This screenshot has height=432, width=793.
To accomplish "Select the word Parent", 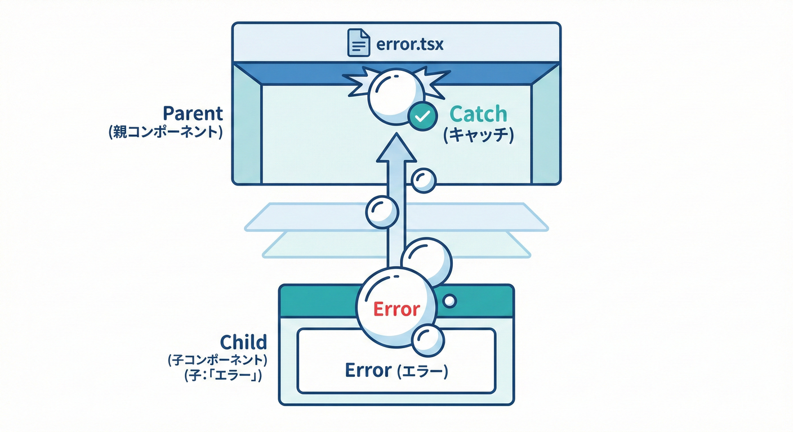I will pyautogui.click(x=193, y=114).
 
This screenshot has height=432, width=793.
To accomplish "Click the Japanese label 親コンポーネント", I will pyautogui.click(x=166, y=134).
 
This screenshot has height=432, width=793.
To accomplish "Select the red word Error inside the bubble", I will pyautogui.click(x=397, y=309).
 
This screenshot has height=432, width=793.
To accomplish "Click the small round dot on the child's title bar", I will pyautogui.click(x=449, y=301).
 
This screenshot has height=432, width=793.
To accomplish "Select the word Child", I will pyautogui.click(x=243, y=342).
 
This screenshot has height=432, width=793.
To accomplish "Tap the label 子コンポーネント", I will pyautogui.click(x=217, y=360).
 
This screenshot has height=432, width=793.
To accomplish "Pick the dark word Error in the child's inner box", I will pyautogui.click(x=368, y=370).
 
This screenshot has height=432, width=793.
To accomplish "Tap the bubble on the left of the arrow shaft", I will pyautogui.click(x=382, y=211).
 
